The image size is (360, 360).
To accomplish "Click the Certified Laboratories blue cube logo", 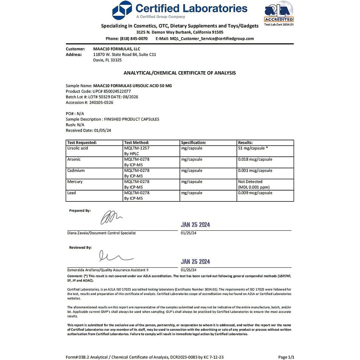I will tap(122, 11).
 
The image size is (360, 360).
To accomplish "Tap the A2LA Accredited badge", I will tap(279, 12).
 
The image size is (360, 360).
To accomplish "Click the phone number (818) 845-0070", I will tap(134, 38).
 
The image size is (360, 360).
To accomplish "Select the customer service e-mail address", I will tap(212, 38).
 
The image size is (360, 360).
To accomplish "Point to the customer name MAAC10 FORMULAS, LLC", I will tap(117, 49).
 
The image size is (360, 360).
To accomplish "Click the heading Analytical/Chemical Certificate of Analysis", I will tap(180, 73).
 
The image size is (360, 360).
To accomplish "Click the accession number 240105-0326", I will tap(101, 103).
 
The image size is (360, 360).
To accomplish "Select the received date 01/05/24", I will tap(103, 130).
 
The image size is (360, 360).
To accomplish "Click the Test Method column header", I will tap(136, 143).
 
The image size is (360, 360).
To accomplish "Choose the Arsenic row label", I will tap(74, 159).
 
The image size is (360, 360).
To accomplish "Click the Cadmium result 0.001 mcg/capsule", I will tap(255, 171).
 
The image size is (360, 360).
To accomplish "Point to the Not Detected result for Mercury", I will tap(250, 182).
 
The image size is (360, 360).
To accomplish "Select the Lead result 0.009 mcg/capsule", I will tap(255, 193).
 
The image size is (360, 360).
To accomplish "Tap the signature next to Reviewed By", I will tap(115, 256).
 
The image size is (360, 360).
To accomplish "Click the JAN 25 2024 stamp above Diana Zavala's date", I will tap(195, 225).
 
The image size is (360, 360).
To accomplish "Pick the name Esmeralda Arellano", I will tap(83, 270).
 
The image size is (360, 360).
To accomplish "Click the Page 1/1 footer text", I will tap(286, 357).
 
